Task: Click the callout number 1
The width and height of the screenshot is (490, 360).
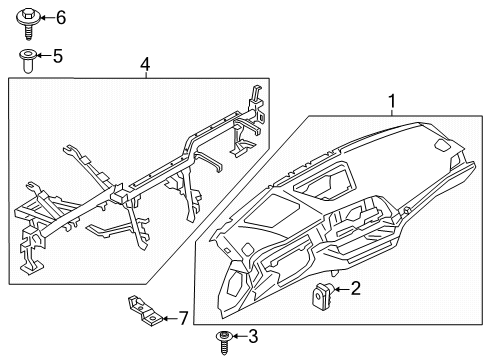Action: point(393,101)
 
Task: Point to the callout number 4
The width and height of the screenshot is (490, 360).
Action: point(145,65)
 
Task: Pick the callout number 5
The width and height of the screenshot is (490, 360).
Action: point(57,57)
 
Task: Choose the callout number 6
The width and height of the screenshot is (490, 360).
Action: point(59,17)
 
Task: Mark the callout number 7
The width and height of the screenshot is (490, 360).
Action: point(182,318)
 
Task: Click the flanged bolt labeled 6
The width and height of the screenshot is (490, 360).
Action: point(26,18)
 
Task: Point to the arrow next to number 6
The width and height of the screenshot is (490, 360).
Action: point(43,18)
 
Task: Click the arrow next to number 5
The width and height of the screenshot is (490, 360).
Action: point(42,57)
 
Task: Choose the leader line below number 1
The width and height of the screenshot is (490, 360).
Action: point(393,113)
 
